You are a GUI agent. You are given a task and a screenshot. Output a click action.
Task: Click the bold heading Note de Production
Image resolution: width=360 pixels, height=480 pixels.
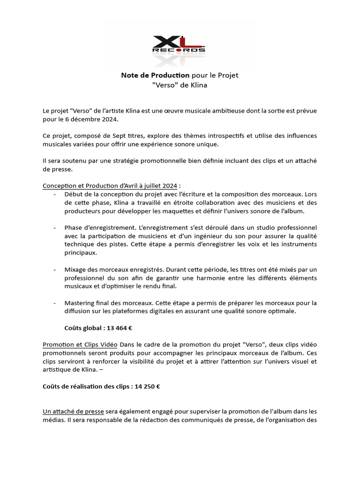pyautogui.click(x=155, y=75)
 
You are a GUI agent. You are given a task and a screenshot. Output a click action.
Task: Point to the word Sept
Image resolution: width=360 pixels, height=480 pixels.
pyautogui.click(x=123, y=135)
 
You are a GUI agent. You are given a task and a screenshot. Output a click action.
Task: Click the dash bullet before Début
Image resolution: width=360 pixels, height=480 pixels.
pyautogui.click(x=55, y=194)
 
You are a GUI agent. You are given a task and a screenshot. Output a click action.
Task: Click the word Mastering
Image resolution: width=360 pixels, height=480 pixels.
pyautogui.click(x=81, y=302)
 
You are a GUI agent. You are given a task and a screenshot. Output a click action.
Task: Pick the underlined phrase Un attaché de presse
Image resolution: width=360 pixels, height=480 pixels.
pyautogui.click(x=73, y=412)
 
